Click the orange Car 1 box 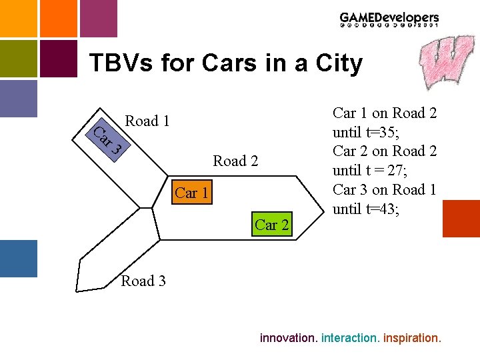coord(192,193)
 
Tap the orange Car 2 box coord(271,225)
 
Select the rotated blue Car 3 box coord(106,138)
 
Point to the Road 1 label coord(147,121)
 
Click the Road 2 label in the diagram coord(235,161)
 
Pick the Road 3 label coord(143,281)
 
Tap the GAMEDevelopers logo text coord(389,19)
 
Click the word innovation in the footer coord(287,338)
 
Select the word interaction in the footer coord(350,338)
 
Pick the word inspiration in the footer coord(412,338)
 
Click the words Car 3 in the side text coord(353,190)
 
